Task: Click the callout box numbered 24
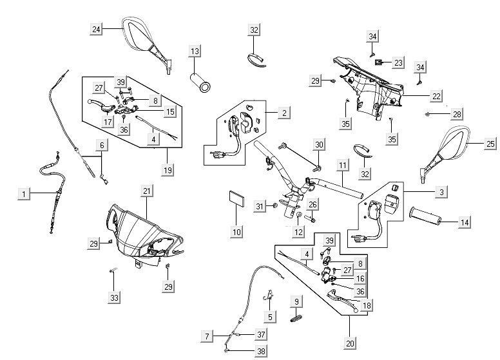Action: [96, 28]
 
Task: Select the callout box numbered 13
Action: [195, 50]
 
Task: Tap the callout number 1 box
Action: [24, 193]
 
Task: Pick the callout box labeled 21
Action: [146, 191]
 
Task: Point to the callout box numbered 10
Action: [236, 231]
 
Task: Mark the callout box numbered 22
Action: [436, 96]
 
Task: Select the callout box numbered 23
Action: [398, 62]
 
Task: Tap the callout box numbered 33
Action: [114, 298]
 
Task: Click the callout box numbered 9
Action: [297, 301]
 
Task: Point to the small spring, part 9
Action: [297, 317]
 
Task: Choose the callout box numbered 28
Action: [456, 114]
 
